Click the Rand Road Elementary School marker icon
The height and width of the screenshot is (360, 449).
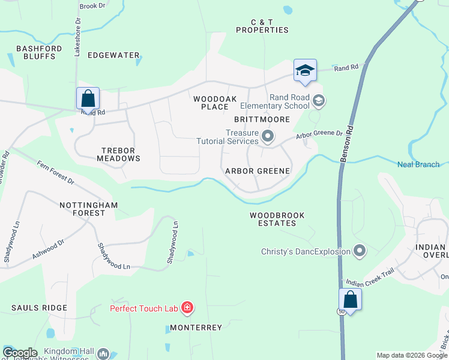click(319, 100)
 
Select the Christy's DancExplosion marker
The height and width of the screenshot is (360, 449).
click(360, 251)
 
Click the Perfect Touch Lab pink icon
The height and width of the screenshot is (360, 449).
click(187, 308)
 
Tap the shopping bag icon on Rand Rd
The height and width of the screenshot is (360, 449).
click(88, 98)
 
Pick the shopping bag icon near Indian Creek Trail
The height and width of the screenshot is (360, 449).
click(350, 299)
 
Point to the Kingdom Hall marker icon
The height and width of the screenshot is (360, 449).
click(103, 354)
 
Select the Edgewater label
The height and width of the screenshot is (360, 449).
click(113, 55)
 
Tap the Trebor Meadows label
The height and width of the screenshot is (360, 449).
click(118, 154)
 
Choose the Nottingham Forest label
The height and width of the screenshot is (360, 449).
click(88, 209)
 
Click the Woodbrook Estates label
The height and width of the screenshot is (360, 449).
click(277, 219)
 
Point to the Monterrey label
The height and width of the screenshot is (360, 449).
click(196, 328)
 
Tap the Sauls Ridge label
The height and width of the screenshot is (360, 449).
click(39, 308)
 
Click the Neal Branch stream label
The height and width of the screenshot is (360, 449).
click(418, 164)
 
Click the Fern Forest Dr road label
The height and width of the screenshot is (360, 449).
click(55, 172)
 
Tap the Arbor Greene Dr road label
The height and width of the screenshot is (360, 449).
click(319, 136)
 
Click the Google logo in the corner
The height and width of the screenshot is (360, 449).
click(20, 352)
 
